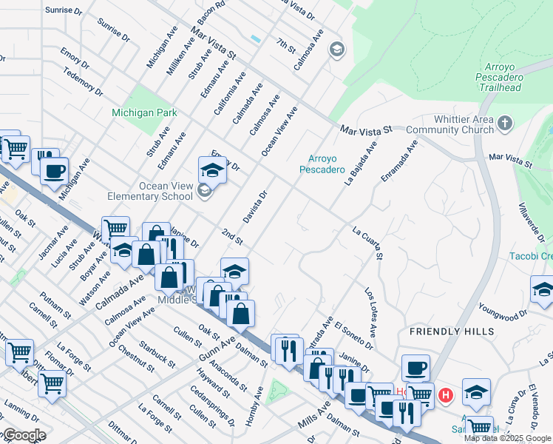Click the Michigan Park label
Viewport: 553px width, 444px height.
144,112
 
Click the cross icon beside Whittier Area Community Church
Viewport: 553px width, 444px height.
505,123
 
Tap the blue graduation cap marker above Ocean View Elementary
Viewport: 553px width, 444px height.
212,170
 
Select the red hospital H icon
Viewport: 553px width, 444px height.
445,395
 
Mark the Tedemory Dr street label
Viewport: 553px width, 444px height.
83,82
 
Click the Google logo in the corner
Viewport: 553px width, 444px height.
24,436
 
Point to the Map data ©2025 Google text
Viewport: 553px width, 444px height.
506,438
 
